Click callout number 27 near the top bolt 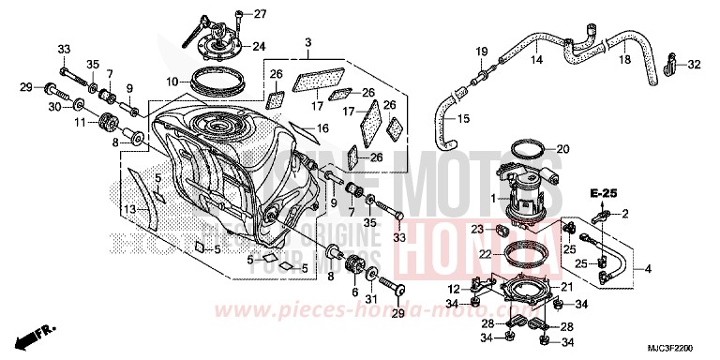click(260, 13)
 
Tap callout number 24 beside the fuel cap click(259, 45)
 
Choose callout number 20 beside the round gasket click(562, 149)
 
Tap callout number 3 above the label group click(307, 42)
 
